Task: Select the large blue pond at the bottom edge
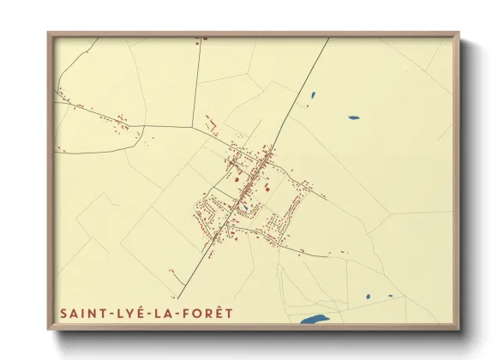click(x=314, y=320)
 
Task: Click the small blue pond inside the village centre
click(x=245, y=207)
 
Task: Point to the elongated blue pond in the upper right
click(x=353, y=117)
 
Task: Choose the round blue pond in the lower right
click(x=368, y=297)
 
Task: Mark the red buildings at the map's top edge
click(x=203, y=39)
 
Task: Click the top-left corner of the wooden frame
click(x=49, y=33)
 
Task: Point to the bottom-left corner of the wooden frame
click(x=49, y=329)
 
